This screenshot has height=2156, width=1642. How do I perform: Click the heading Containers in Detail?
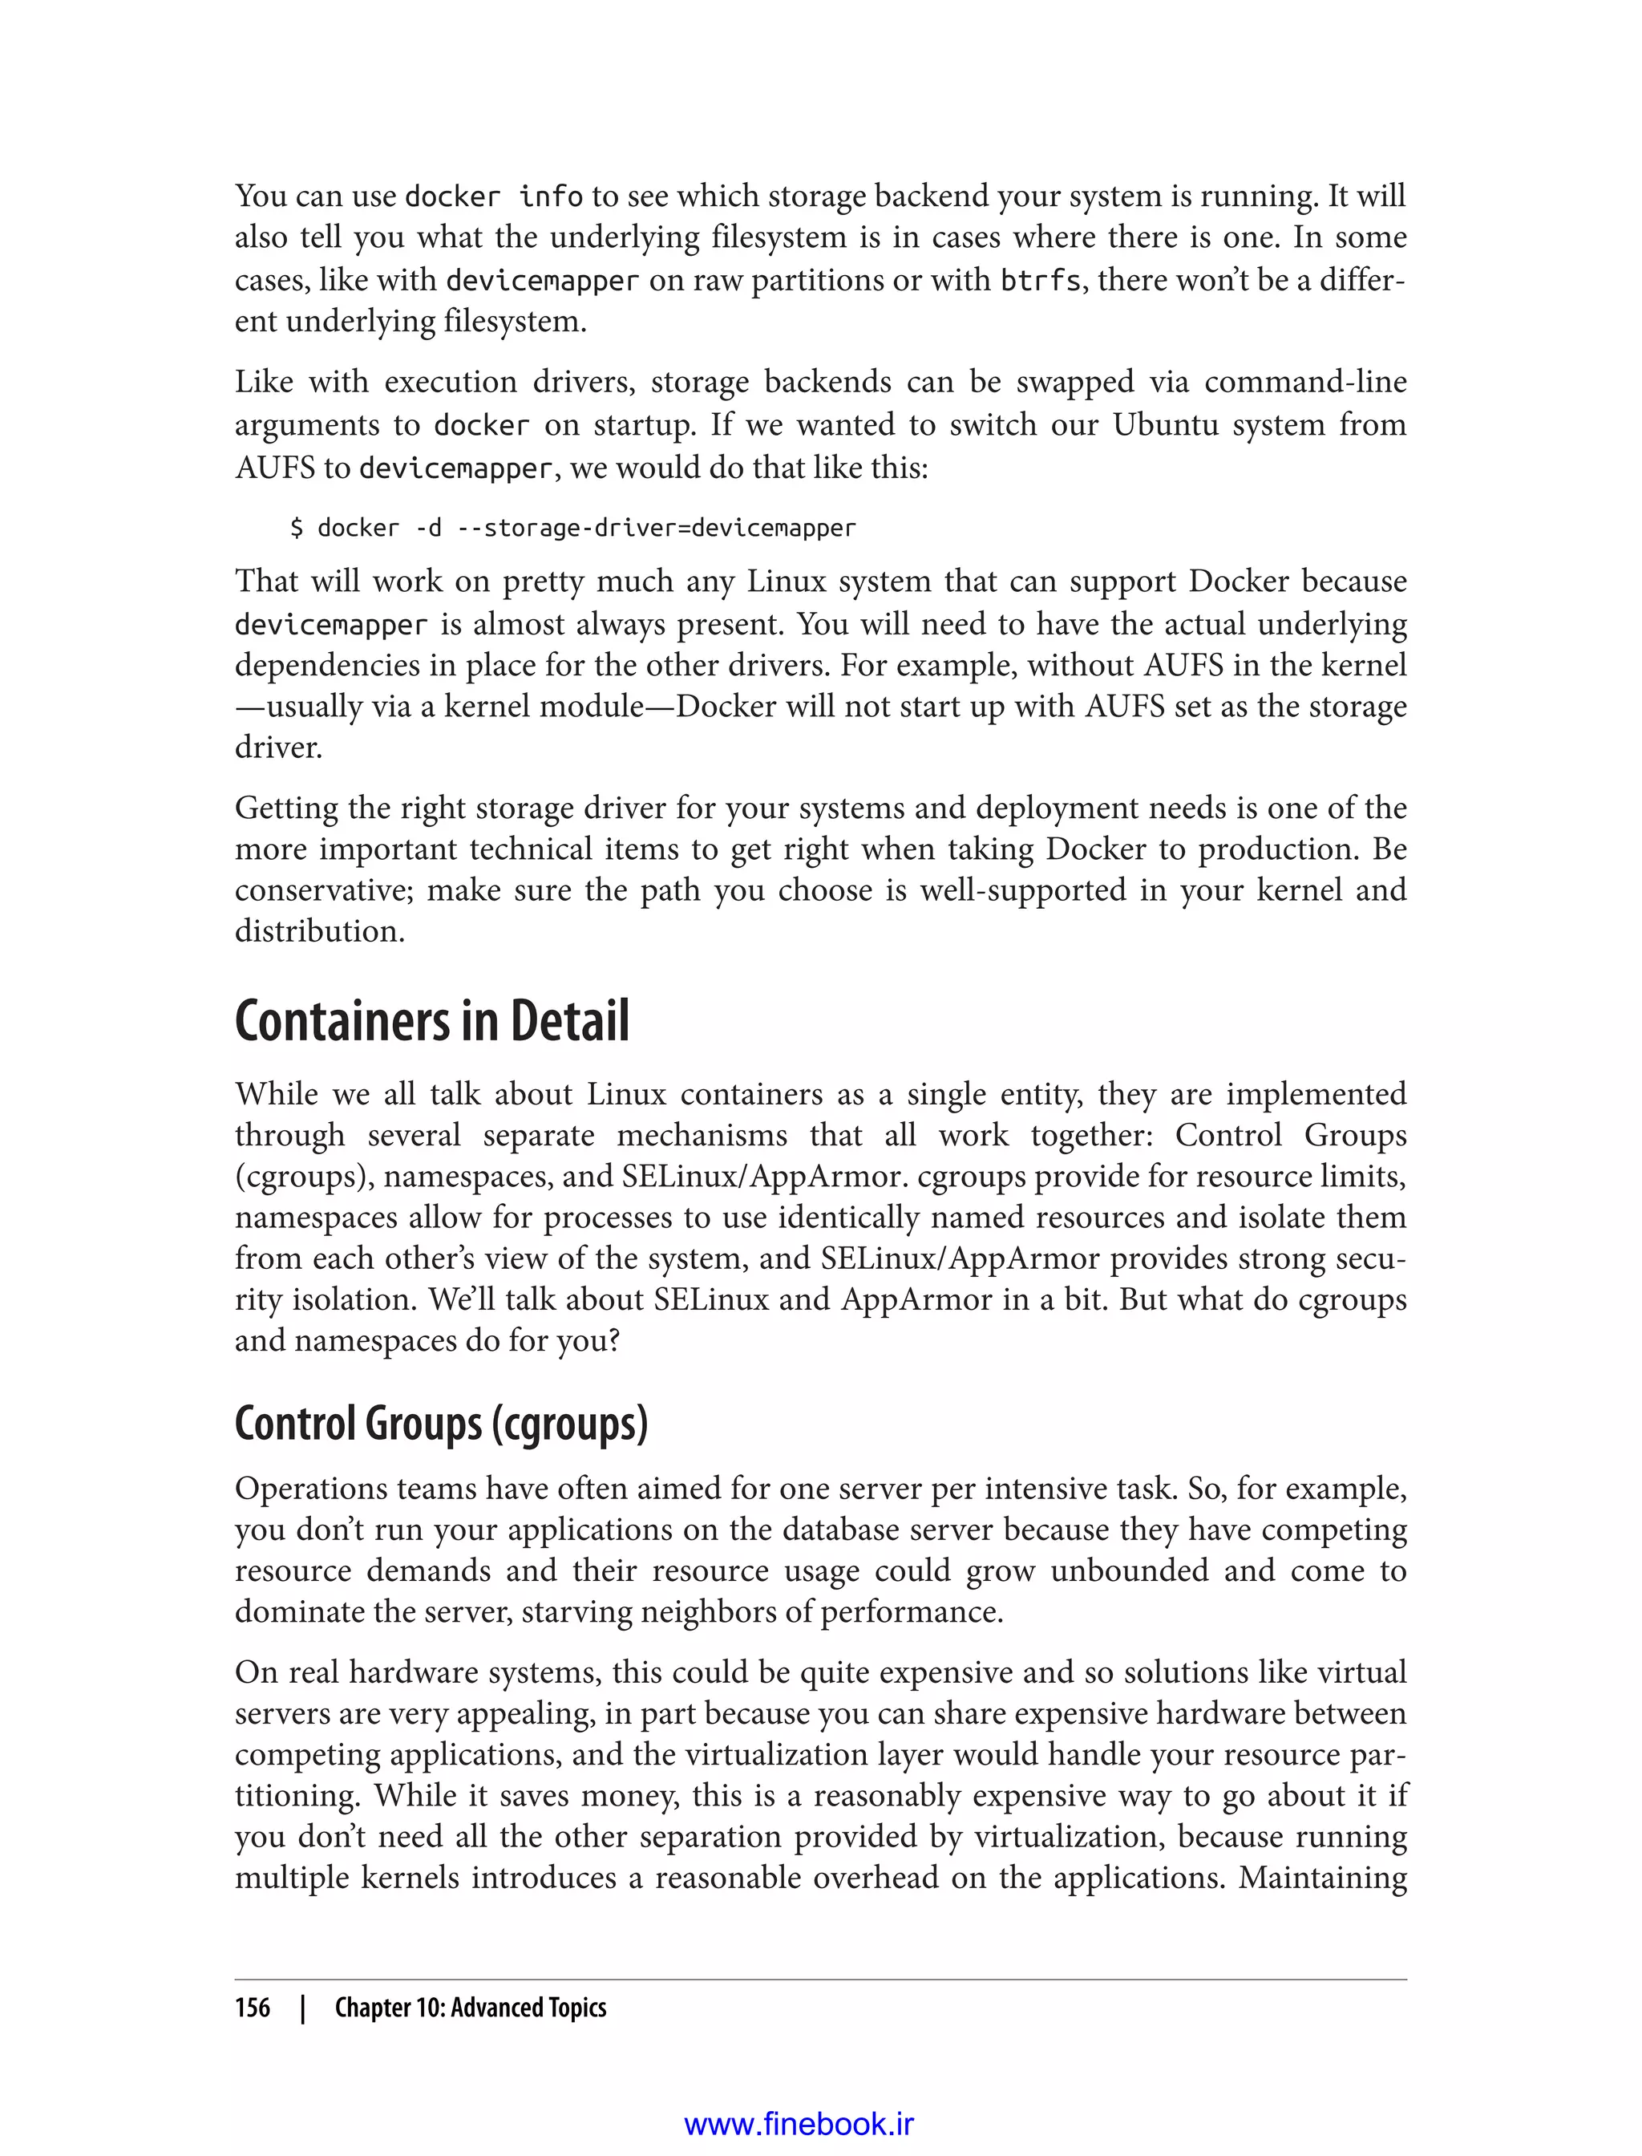(x=432, y=1022)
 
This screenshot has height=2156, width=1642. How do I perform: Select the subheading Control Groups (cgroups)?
(x=441, y=1424)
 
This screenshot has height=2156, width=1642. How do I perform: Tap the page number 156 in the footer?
(x=253, y=2008)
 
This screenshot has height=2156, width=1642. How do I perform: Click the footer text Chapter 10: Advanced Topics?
(x=470, y=2008)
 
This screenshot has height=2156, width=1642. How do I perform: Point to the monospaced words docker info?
(x=494, y=197)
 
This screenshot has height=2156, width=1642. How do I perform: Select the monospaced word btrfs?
(x=1040, y=281)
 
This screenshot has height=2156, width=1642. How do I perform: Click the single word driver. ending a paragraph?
(x=278, y=748)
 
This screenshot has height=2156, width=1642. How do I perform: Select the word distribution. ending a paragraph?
(x=320, y=932)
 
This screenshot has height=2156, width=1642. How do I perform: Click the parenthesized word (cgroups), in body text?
(x=304, y=1177)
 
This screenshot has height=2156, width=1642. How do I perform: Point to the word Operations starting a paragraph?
(x=308, y=1488)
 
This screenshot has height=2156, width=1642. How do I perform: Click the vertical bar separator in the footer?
(x=303, y=2008)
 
